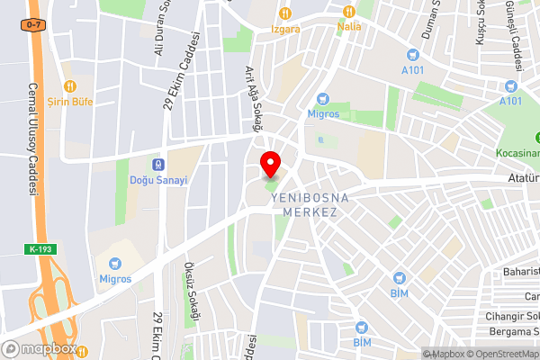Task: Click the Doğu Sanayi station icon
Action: (158, 165)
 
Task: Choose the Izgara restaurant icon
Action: (286, 13)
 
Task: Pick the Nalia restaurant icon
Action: (349, 12)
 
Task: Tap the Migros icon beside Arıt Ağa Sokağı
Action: (323, 99)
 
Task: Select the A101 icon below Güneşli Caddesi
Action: (511, 86)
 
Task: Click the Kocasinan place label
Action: (517, 153)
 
